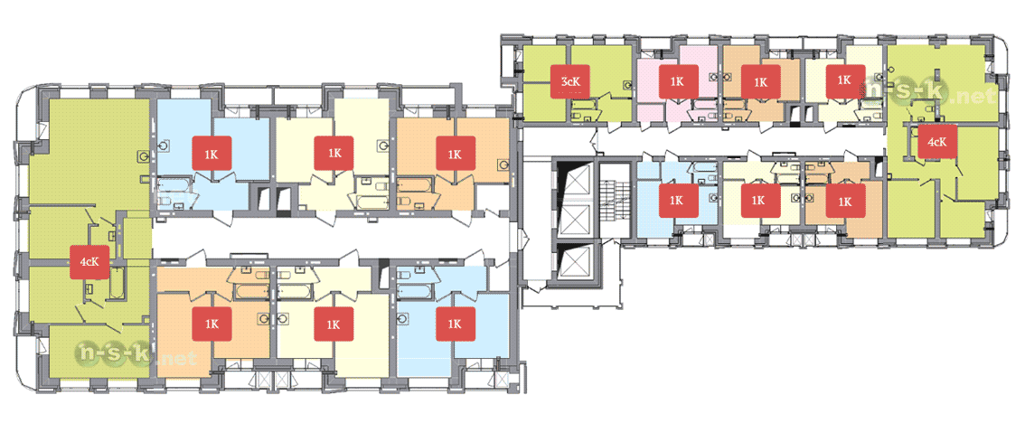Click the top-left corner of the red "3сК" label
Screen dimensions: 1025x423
tap(550, 65)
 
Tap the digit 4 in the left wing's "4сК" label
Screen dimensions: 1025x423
tap(83, 262)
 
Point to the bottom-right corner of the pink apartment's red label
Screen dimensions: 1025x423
tap(697, 99)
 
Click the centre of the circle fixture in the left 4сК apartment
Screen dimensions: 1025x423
tap(143, 155)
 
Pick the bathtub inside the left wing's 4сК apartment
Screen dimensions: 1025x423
tap(118, 282)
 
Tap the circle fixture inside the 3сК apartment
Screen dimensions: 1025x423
tap(627, 85)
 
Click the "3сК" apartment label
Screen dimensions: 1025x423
tap(569, 81)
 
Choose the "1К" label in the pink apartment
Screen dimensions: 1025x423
tap(677, 81)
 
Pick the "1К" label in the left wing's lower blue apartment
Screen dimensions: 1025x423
tap(455, 324)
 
